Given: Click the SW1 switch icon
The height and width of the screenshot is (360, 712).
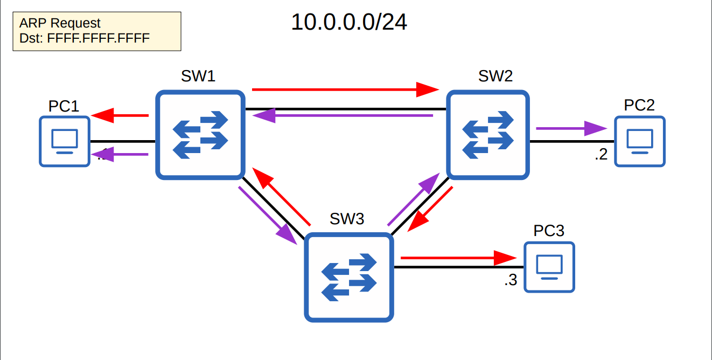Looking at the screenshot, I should tap(200, 135).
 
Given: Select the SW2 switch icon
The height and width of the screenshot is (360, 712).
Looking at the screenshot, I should tap(488, 135).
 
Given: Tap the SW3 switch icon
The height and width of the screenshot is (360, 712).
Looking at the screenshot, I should tap(348, 278).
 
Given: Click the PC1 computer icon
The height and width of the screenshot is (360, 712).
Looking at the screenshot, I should tap(64, 141).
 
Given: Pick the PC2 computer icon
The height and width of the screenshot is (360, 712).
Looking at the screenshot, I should tap(639, 141).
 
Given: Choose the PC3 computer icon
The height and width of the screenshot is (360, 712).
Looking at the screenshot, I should tap(549, 267).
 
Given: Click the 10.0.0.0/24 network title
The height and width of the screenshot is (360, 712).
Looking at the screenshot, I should tap(348, 22).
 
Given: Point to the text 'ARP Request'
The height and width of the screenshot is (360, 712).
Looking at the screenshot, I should tap(60, 24).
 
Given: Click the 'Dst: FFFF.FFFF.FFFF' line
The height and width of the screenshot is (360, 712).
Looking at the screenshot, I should tap(84, 38).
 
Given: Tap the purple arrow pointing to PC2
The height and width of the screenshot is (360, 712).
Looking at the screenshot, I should tap(571, 129).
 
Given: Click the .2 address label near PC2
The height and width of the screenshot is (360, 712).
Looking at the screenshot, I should tap(601, 155).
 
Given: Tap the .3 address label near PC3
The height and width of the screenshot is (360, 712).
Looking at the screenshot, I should tap(511, 281).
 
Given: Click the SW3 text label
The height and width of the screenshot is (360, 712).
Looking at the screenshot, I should tap(347, 218).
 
